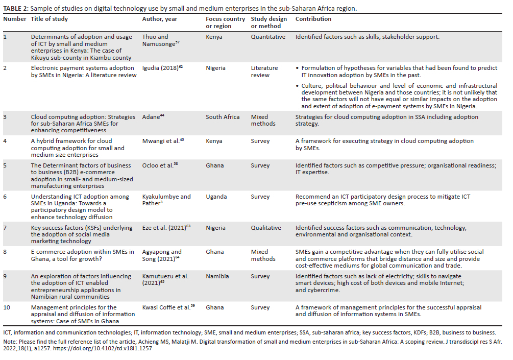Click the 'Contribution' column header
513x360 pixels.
(313, 19)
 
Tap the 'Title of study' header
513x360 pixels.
(50, 19)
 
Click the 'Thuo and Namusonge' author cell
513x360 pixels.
(155, 40)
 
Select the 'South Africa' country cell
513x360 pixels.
(223, 117)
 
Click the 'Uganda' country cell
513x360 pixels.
(217, 197)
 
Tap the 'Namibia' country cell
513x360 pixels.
(218, 276)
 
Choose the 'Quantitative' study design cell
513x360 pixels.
(268, 37)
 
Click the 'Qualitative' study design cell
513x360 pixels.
(266, 228)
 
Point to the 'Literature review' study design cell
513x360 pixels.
(264, 71)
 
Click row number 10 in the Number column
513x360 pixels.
(7, 307)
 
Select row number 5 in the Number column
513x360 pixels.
(6, 165)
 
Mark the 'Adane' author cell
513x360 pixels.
(153, 117)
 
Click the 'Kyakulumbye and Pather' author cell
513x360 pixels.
(166, 200)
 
